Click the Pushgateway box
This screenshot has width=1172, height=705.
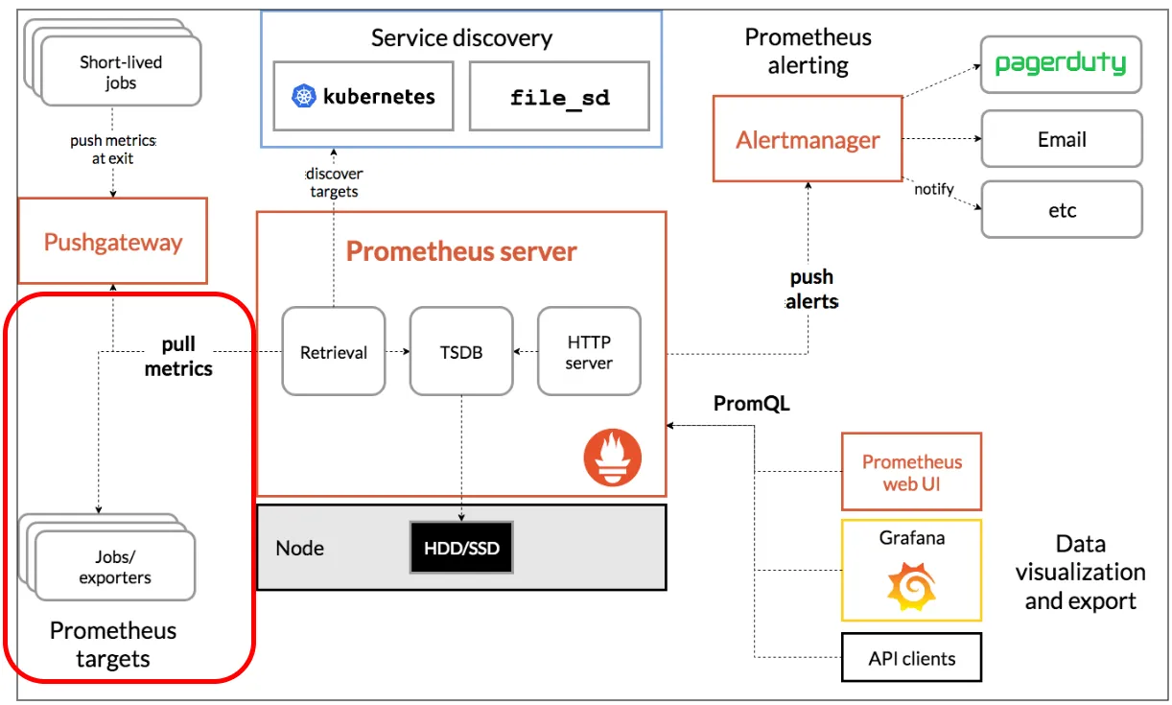click(x=113, y=241)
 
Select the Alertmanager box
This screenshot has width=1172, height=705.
click(x=808, y=140)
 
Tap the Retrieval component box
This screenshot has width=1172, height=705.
click(x=334, y=352)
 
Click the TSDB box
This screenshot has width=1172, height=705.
click(x=461, y=352)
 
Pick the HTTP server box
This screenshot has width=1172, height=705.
click(x=589, y=352)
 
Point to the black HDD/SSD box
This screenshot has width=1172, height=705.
click(x=461, y=549)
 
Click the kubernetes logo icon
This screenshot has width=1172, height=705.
click(x=304, y=96)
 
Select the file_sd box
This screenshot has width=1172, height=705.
click(x=559, y=97)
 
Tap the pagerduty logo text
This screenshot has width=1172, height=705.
click(x=1060, y=64)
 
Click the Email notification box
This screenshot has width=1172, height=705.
click(x=1061, y=139)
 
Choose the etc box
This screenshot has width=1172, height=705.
click(x=1061, y=210)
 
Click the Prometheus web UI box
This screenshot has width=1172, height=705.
click(x=911, y=472)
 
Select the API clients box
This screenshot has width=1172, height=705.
click(x=911, y=658)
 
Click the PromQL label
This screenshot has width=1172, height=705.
click(x=751, y=404)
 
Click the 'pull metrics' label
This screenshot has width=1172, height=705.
click(x=178, y=356)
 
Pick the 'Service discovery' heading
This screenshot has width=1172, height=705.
click(x=461, y=38)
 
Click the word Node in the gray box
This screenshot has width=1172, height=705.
click(x=299, y=549)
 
